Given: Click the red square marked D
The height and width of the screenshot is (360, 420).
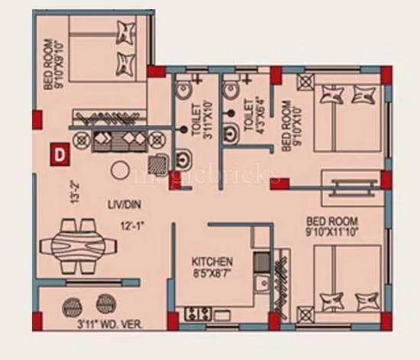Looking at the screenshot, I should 60,154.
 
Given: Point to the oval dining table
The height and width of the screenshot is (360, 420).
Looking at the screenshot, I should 77,245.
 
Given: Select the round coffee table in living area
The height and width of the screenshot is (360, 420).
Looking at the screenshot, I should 119,170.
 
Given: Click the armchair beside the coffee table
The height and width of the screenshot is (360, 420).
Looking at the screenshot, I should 157,163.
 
